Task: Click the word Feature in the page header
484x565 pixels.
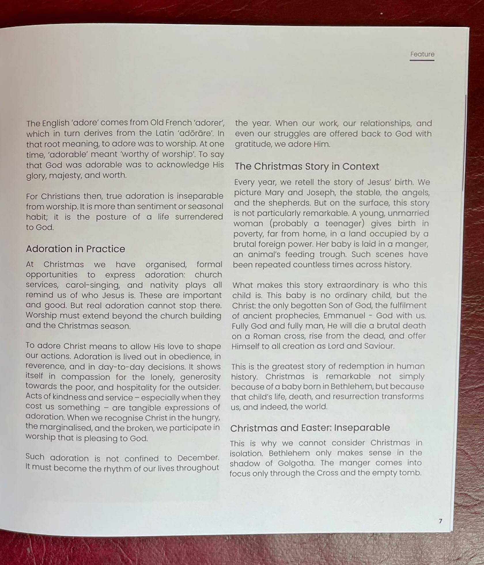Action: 422,54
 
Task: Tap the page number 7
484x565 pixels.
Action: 440,521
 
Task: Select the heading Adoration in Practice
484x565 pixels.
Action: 75,249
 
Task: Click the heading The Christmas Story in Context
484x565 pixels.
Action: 307,167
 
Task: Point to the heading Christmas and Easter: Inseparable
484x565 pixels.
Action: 310,428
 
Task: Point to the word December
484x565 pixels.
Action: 198,458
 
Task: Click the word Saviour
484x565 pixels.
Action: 379,346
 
